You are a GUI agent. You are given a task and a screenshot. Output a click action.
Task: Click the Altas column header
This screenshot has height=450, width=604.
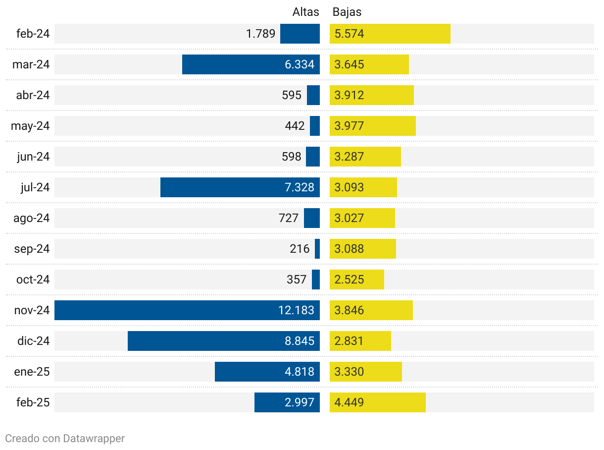(x=305, y=12)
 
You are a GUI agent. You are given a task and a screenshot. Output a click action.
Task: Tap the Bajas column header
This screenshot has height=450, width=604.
(x=347, y=12)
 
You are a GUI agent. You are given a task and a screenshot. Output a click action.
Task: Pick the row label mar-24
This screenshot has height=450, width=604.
(x=31, y=64)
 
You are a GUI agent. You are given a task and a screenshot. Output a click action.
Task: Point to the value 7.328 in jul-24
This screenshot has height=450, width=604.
(x=300, y=187)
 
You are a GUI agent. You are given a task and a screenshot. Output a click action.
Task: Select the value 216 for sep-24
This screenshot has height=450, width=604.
(x=300, y=249)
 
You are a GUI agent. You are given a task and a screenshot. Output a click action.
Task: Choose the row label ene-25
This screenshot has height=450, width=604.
(x=32, y=372)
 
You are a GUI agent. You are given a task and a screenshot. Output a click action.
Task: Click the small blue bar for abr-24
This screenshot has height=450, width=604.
(x=313, y=95)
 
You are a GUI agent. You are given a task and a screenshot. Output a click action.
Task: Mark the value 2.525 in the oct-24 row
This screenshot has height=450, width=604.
(x=349, y=280)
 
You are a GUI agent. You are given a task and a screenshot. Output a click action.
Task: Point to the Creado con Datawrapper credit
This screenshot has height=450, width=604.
(x=65, y=438)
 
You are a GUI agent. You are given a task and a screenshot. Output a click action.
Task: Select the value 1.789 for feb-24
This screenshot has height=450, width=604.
(x=260, y=34)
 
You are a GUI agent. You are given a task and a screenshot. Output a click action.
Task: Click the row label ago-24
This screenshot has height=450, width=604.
(x=32, y=218)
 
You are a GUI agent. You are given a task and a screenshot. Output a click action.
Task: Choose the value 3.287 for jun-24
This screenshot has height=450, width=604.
(x=349, y=157)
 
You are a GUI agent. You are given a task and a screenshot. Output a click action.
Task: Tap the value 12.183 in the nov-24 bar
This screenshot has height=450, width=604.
(x=296, y=310)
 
